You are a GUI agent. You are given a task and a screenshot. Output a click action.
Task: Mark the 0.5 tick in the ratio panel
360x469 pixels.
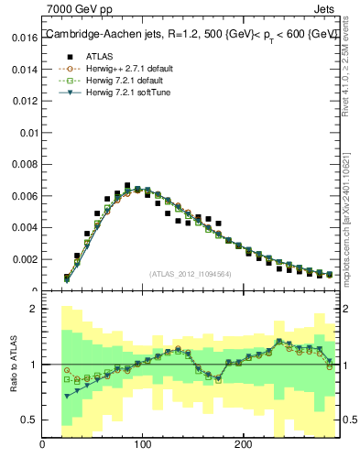click(x=28, y=420)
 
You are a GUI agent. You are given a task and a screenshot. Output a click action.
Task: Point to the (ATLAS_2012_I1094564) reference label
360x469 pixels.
click(x=191, y=273)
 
